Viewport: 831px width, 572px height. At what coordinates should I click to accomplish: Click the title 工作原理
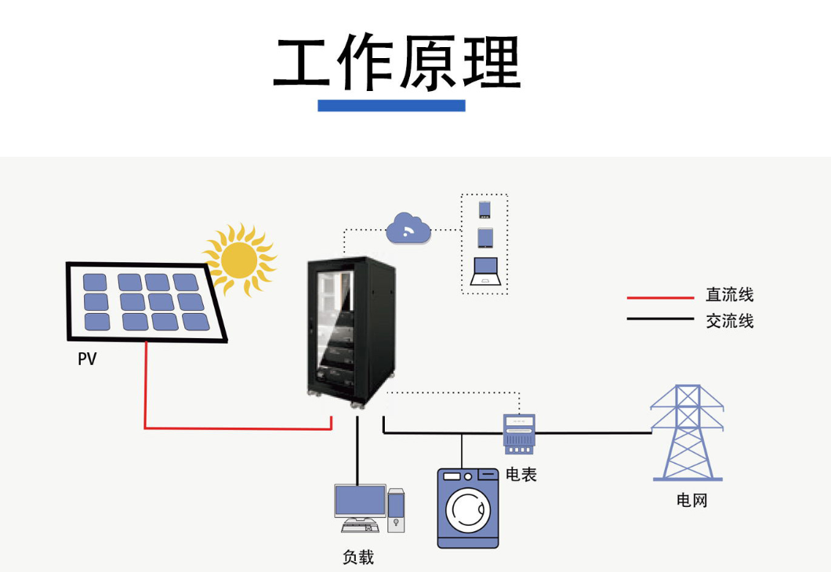(x=397, y=64)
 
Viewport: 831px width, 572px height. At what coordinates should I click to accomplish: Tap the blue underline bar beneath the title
(x=391, y=105)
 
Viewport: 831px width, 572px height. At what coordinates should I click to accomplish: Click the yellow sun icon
(x=238, y=258)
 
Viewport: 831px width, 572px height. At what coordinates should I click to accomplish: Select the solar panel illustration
(x=146, y=301)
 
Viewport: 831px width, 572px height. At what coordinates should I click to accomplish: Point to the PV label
(x=87, y=359)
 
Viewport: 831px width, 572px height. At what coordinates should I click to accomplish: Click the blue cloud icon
(x=408, y=228)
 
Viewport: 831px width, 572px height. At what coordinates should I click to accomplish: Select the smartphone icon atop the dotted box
(x=484, y=209)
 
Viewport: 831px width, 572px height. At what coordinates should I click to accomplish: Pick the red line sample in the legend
(x=660, y=298)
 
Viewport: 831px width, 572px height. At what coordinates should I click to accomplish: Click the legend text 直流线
(x=729, y=295)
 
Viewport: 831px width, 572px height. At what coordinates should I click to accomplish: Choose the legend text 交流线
(x=729, y=320)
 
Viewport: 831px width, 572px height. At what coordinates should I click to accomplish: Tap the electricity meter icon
(x=518, y=434)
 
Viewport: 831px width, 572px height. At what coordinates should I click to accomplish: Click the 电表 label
(x=521, y=474)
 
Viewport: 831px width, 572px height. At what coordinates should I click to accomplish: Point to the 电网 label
(x=691, y=500)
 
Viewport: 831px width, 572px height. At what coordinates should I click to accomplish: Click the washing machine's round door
(x=467, y=509)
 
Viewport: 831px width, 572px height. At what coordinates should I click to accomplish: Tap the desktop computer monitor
(x=360, y=501)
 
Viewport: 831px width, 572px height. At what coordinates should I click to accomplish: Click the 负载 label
(x=358, y=557)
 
